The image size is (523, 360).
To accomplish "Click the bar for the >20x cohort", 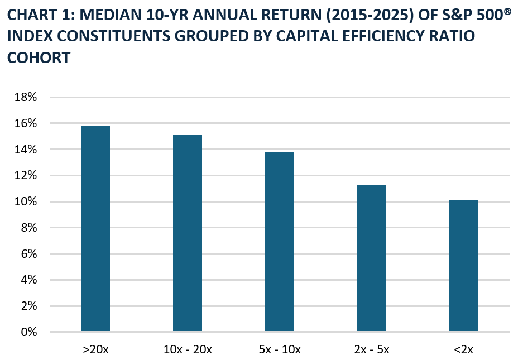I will (95, 229).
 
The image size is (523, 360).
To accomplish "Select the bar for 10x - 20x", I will (188, 233).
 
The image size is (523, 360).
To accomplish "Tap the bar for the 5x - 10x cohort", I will (279, 242).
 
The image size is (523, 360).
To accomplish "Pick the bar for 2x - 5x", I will (371, 258).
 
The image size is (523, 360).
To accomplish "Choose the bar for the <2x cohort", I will (463, 266).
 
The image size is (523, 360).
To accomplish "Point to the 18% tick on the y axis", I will (25, 97).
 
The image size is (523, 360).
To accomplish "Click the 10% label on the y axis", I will (25, 201).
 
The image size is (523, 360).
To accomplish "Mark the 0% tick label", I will (28, 332).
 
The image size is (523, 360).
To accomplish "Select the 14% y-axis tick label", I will (25, 150).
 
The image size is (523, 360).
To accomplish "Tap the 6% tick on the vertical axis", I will (28, 254).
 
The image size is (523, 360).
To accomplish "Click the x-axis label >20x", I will (95, 349).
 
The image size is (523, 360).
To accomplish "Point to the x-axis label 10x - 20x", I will (188, 349).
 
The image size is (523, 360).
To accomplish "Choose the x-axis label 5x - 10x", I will (279, 349).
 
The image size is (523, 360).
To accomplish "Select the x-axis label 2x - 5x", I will (371, 349).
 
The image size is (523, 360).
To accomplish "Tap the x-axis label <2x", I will (463, 349).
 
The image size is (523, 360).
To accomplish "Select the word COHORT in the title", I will (39, 57).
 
